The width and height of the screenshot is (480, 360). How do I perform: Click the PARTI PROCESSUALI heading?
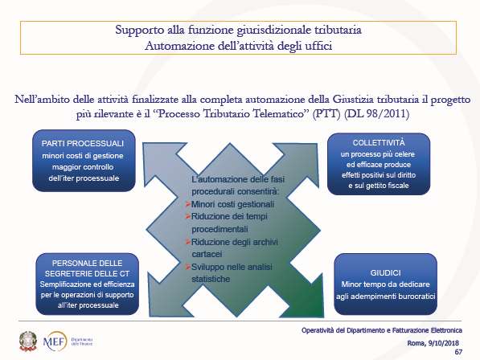click(x=83, y=144)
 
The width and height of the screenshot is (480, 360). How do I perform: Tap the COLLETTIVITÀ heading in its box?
click(x=379, y=143)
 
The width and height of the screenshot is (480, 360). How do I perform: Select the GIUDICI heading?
click(x=385, y=273)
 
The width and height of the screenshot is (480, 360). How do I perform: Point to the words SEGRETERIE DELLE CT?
click(x=88, y=273)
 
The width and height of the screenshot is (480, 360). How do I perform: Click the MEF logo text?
click(x=55, y=341)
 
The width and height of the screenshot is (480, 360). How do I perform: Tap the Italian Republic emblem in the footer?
click(x=28, y=341)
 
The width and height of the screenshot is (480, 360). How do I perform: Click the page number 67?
click(x=458, y=352)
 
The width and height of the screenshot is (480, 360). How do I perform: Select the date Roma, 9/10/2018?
click(x=433, y=343)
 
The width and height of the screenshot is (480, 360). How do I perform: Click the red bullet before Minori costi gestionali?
click(x=188, y=204)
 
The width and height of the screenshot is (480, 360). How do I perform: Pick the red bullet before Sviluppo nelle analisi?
click(x=188, y=267)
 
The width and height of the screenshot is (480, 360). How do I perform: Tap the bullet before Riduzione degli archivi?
click(x=188, y=242)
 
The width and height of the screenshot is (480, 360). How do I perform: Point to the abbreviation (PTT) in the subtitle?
click(x=326, y=114)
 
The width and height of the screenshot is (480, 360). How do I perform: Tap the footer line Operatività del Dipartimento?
click(x=382, y=330)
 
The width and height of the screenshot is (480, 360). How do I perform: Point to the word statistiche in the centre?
click(x=211, y=279)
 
